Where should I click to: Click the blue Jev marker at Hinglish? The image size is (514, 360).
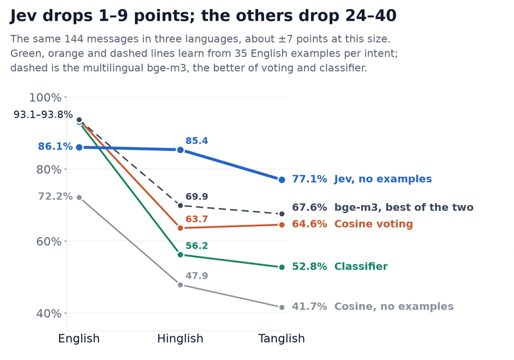[181, 150]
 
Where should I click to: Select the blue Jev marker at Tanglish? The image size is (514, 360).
[282, 179]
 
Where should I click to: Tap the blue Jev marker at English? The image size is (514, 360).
[79, 148]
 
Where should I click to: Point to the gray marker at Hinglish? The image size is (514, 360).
[181, 285]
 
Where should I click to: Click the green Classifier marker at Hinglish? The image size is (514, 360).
[181, 255]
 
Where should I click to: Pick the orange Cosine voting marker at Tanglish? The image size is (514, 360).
[282, 224]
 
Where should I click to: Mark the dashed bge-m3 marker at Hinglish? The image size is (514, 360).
[181, 206]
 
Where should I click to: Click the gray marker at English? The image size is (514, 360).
[79, 198]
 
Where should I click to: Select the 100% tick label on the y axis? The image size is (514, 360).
[45, 97]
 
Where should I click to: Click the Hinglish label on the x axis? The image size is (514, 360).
[181, 338]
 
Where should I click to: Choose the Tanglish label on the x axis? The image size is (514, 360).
[281, 338]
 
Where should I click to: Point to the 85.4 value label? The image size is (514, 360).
[197, 141]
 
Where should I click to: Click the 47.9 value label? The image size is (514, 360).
[197, 276]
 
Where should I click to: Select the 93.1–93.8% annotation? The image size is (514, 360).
[43, 114]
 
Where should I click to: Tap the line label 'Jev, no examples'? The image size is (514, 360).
[383, 179]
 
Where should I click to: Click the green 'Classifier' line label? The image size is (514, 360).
[361, 266]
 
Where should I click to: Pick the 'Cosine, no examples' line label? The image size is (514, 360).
[394, 306]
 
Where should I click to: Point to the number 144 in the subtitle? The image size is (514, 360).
[74, 39]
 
